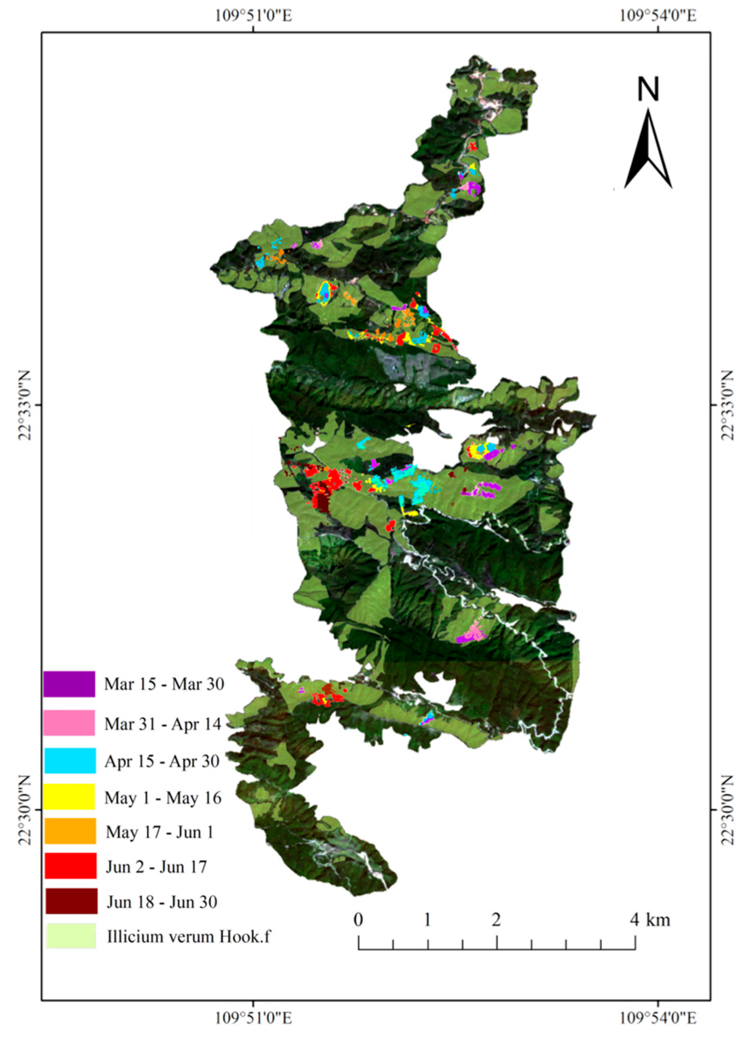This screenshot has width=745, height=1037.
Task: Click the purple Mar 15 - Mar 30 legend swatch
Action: pyautogui.click(x=69, y=684)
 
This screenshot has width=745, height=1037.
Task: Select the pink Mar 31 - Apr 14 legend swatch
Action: pyautogui.click(x=69, y=722)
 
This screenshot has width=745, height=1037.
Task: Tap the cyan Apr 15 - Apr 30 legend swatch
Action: pyautogui.click(x=70, y=760)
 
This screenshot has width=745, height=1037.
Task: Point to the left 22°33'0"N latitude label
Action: pyautogui.click(x=26, y=404)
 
